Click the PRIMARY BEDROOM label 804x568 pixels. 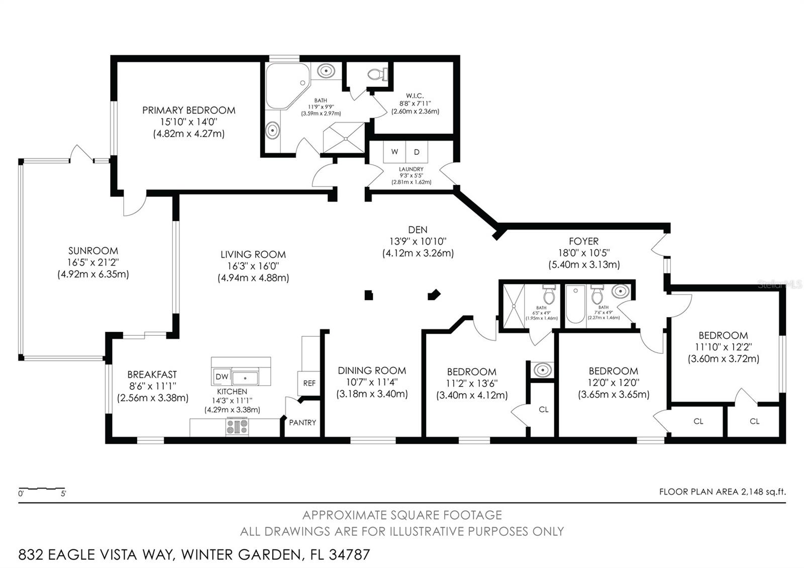click(188, 110)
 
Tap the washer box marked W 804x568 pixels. click(395, 152)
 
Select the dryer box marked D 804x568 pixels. click(417, 152)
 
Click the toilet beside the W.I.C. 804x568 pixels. click(377, 74)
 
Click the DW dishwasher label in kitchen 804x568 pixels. click(222, 376)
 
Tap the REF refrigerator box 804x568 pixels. click(309, 383)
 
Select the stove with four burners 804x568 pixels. click(237, 427)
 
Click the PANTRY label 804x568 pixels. click(303, 422)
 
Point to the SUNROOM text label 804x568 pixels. click(93, 250)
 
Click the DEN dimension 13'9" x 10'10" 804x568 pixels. click(418, 241)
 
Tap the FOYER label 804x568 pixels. click(583, 241)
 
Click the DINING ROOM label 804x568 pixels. click(372, 370)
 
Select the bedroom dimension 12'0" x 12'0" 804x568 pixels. click(613, 383)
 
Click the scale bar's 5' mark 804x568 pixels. click(63, 494)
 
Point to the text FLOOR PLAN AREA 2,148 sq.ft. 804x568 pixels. click(722, 492)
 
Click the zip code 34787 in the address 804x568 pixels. click(349, 555)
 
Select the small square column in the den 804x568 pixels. click(369, 296)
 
